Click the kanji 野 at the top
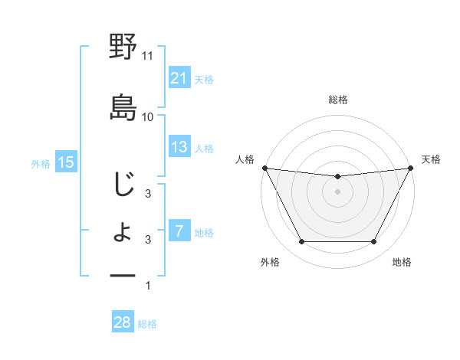click(123, 47)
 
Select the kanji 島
click(123, 106)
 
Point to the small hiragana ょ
click(123, 233)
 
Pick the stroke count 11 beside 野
click(148, 56)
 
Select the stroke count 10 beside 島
click(148, 116)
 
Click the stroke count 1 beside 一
click(148, 286)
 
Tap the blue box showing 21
click(179, 78)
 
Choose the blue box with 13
click(179, 147)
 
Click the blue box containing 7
click(179, 231)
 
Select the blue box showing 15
click(66, 162)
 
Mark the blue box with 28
click(123, 322)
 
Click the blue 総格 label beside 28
click(147, 324)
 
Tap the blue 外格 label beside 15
click(41, 163)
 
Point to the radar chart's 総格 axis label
click(337, 100)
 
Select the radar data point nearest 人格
click(264, 168)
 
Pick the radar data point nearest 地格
click(373, 242)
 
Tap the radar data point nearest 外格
click(301, 242)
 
